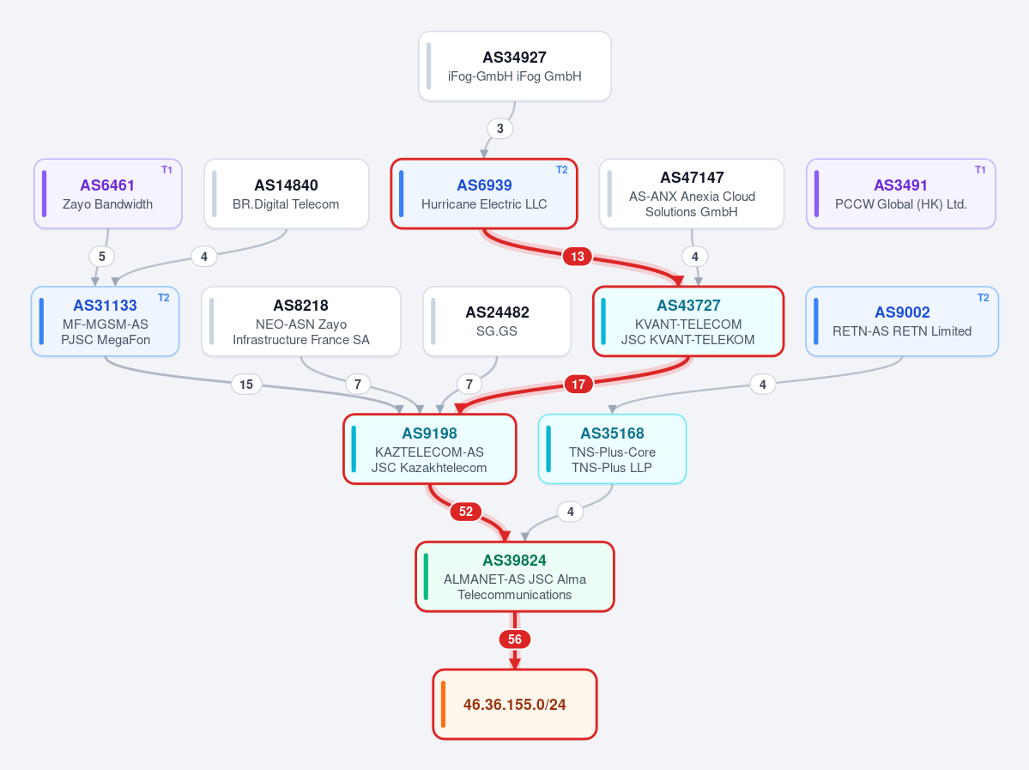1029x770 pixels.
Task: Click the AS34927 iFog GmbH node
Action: click(x=515, y=66)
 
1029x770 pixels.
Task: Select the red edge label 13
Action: click(x=578, y=256)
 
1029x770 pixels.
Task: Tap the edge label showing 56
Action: click(x=515, y=640)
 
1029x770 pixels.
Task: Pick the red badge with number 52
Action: click(x=466, y=512)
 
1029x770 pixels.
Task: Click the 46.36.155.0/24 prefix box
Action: click(x=515, y=705)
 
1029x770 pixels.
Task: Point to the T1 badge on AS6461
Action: click(x=166, y=170)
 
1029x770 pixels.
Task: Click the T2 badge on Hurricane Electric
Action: click(x=562, y=170)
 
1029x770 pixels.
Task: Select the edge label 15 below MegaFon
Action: click(x=246, y=384)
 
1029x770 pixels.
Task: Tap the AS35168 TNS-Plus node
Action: click(x=612, y=449)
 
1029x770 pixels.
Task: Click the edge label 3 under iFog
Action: click(x=500, y=129)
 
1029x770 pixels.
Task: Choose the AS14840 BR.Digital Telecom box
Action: click(x=286, y=194)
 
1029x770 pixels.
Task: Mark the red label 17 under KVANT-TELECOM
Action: click(x=578, y=384)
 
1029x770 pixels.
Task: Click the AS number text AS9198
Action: click(x=430, y=434)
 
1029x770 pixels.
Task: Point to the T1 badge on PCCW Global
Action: click(x=980, y=170)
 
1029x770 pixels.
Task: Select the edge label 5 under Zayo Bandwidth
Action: click(x=102, y=256)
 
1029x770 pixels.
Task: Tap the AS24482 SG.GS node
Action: click(x=497, y=322)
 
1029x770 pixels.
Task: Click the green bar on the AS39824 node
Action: click(x=426, y=577)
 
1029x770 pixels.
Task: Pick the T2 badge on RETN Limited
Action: click(x=983, y=298)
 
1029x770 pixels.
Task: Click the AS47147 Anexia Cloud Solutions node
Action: click(x=692, y=194)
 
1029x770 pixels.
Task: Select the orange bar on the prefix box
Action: click(x=443, y=705)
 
